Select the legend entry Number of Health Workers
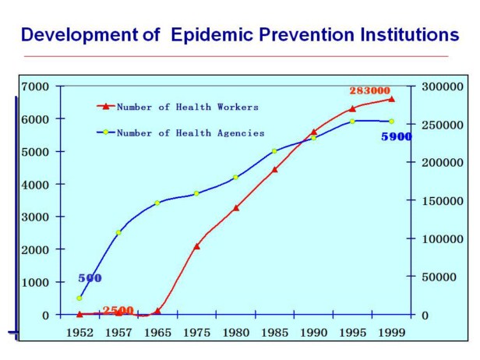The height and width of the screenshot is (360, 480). click(x=187, y=107)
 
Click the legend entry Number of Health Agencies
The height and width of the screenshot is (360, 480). click(x=190, y=133)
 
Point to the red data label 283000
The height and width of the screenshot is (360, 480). click(x=369, y=91)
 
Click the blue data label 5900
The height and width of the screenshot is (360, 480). click(x=396, y=137)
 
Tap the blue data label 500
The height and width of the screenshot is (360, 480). click(x=90, y=278)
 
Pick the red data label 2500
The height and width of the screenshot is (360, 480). click(x=118, y=310)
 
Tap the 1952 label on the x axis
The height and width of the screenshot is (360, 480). click(x=79, y=333)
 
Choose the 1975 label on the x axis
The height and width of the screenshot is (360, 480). click(x=196, y=333)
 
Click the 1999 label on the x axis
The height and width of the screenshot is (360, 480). click(x=391, y=333)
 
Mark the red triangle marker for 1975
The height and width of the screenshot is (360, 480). click(x=196, y=246)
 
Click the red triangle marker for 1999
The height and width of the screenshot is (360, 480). click(x=391, y=99)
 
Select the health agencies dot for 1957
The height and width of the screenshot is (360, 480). click(x=118, y=233)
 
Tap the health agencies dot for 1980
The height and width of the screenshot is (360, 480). click(x=235, y=178)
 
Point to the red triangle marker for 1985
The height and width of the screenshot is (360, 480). click(x=274, y=169)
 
